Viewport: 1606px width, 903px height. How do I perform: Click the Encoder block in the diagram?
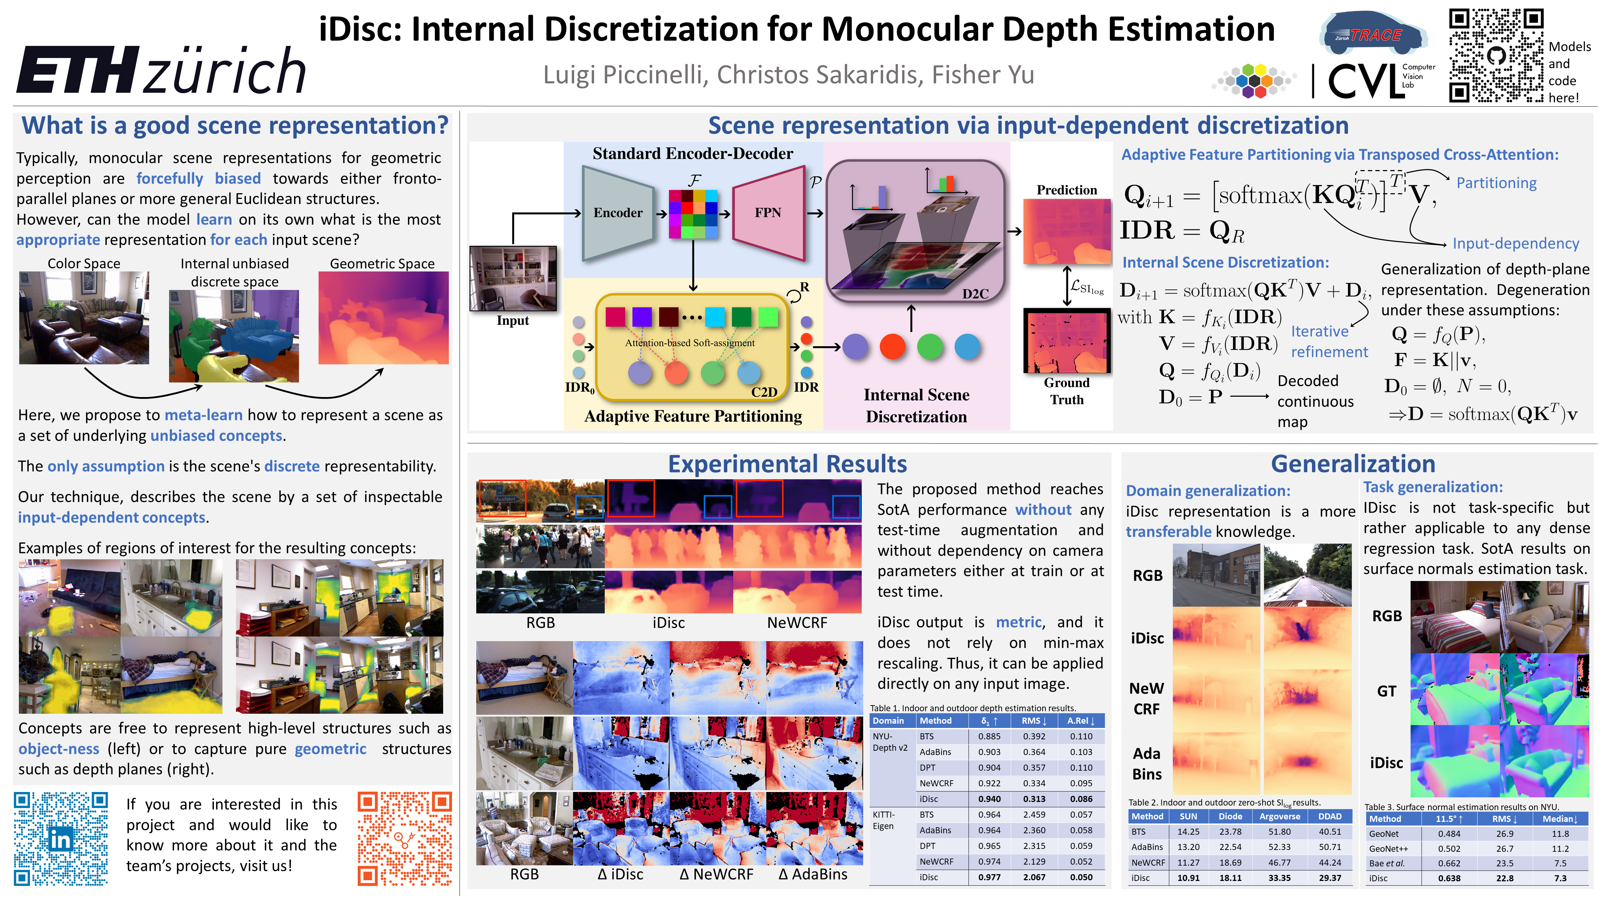click(x=617, y=213)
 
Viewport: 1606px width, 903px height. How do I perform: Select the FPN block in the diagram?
click(x=767, y=213)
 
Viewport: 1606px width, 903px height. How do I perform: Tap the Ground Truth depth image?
click(x=1067, y=342)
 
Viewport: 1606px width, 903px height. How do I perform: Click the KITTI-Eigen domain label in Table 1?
click(x=883, y=820)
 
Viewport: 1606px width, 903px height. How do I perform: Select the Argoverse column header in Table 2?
click(x=1279, y=817)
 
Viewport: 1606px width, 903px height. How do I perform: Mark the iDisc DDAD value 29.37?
click(x=1330, y=877)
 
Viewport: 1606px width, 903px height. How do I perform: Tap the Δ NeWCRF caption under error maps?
click(x=717, y=874)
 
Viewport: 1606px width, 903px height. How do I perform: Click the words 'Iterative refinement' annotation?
click(x=1329, y=342)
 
